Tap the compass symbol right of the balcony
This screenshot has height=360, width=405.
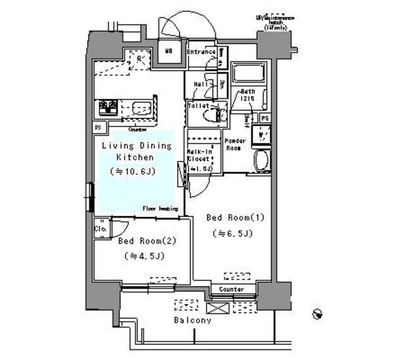[x=318, y=314]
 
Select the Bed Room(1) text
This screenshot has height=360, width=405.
[x=235, y=218]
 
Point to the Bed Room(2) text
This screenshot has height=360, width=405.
[x=146, y=241]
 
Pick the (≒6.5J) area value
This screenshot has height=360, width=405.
[x=232, y=233]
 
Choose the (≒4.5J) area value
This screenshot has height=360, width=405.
[x=144, y=256]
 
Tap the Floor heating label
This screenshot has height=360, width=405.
[x=159, y=208]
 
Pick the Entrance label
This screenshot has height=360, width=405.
[x=201, y=52]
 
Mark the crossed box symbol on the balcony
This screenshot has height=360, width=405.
[x=216, y=308]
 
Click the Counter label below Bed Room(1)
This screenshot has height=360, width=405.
[x=232, y=289]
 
